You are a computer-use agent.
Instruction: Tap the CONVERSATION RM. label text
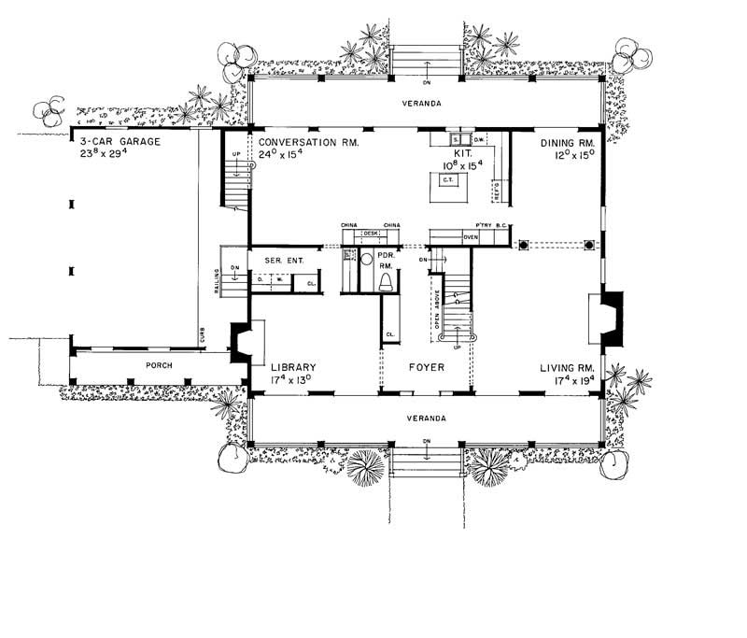[309, 143]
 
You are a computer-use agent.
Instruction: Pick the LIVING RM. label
[568, 367]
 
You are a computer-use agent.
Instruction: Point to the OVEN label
[471, 237]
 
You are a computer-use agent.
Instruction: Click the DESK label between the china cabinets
[369, 232]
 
